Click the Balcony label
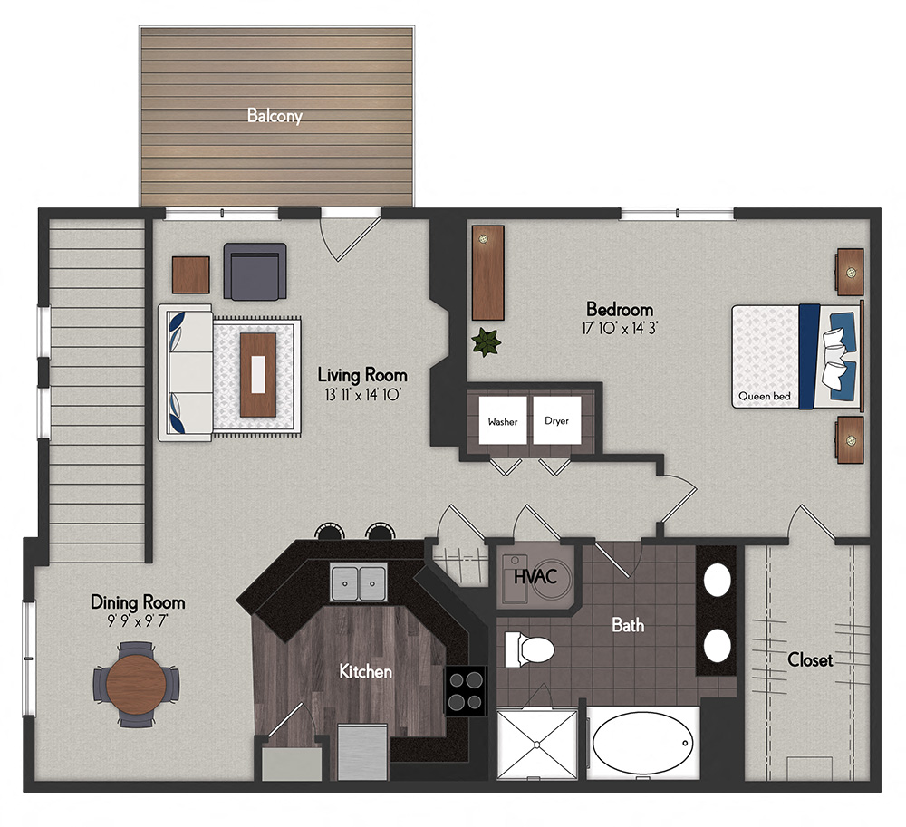[275, 116]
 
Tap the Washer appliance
[502, 421]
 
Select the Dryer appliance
[556, 421]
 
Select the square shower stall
[536, 744]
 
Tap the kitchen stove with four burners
[466, 690]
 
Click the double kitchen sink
[358, 582]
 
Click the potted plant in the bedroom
[487, 343]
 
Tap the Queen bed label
[765, 396]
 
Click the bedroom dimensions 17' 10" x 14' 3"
[620, 328]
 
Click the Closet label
[809, 660]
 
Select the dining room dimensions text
[137, 622]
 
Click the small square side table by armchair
[190, 275]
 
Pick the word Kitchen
[365, 671]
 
